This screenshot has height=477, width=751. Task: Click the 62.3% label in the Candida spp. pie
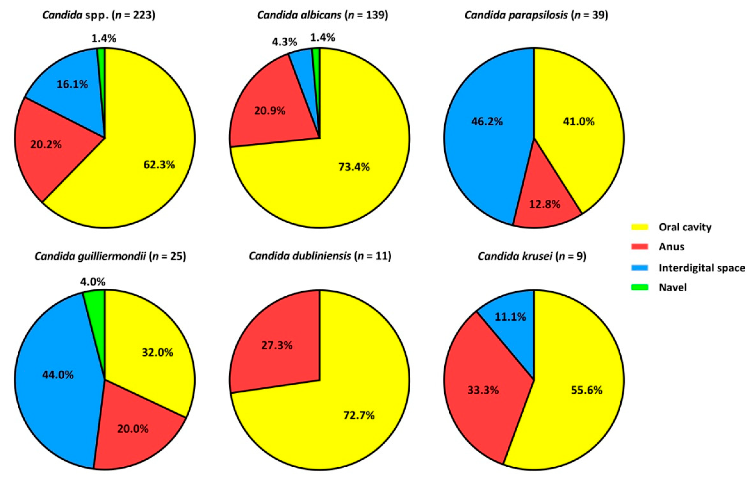(x=159, y=164)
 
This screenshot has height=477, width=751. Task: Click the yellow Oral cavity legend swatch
(x=640, y=227)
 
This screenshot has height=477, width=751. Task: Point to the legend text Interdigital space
(x=702, y=268)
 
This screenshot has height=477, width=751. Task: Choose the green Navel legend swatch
(x=640, y=287)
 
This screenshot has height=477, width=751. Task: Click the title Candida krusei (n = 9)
(x=532, y=256)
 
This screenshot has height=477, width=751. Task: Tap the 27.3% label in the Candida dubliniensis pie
(x=277, y=345)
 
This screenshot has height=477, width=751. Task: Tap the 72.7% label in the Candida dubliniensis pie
(x=359, y=415)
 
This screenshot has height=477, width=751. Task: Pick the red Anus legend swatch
(x=640, y=247)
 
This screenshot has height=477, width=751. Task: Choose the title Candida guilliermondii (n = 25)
(x=110, y=256)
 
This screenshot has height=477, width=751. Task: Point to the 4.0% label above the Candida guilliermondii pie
(x=93, y=282)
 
